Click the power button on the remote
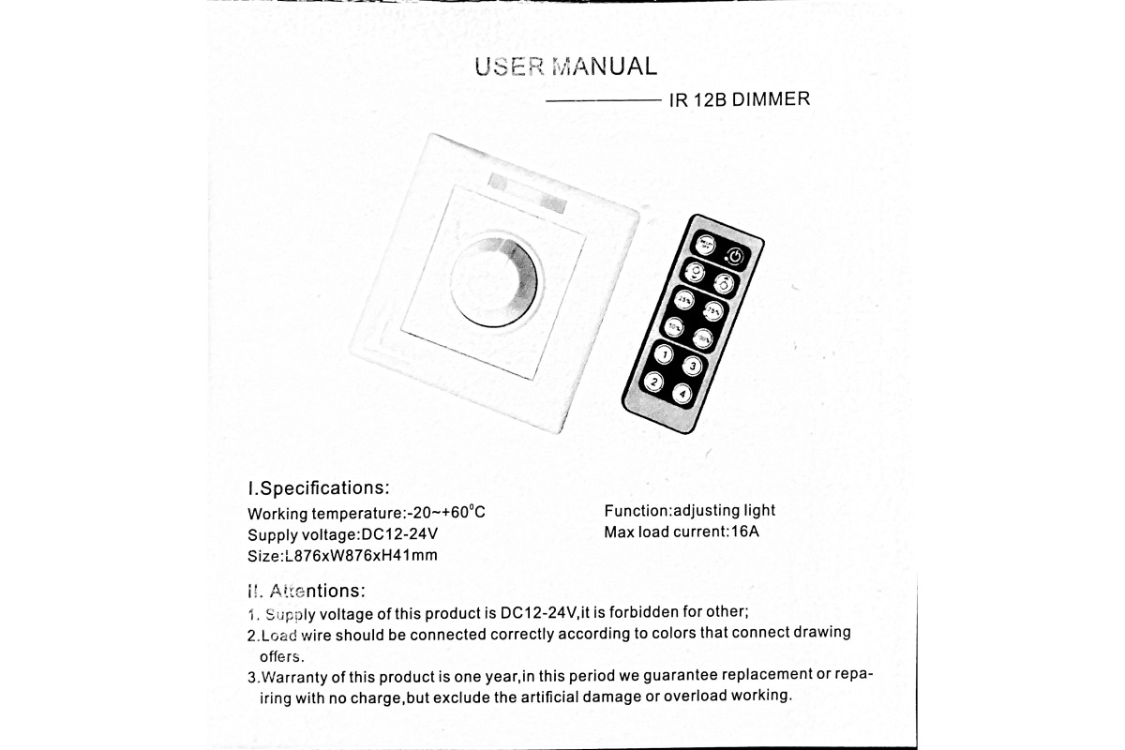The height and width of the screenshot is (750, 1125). (x=736, y=255)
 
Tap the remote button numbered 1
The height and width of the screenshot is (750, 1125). (x=663, y=354)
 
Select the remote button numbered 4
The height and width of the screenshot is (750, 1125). (x=682, y=394)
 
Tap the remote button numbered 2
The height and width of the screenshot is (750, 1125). (x=652, y=382)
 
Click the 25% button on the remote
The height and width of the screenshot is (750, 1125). (x=683, y=300)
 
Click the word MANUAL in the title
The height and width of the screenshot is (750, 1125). (x=606, y=67)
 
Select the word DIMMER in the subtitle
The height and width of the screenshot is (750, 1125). (x=771, y=99)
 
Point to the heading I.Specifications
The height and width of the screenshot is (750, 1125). (x=317, y=487)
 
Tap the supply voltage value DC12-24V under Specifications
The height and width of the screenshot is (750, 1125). (x=399, y=534)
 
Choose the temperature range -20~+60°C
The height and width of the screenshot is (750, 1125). (x=445, y=513)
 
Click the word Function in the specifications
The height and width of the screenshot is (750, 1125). (x=637, y=511)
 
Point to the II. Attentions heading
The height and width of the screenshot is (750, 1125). (x=305, y=591)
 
